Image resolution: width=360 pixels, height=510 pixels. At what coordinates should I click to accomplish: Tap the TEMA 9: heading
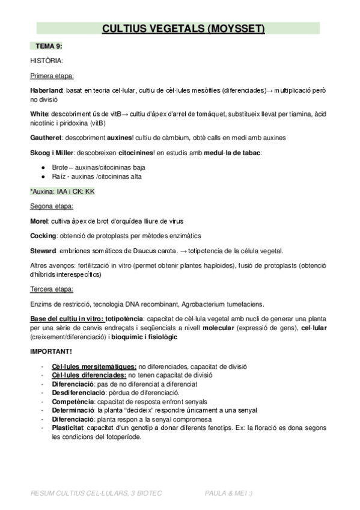pyautogui.click(x=49, y=46)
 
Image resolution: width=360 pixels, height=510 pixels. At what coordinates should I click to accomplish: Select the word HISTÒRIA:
pyautogui.click(x=46, y=60)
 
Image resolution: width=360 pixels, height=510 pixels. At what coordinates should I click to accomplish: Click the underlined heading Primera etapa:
pyautogui.click(x=52, y=76)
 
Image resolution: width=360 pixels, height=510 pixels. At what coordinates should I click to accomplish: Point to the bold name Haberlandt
pyautogui.click(x=46, y=90)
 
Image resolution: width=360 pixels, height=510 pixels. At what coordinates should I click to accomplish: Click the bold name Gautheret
pyautogui.click(x=46, y=138)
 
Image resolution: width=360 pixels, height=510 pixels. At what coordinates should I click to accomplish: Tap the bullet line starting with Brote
pyautogui.click(x=95, y=166)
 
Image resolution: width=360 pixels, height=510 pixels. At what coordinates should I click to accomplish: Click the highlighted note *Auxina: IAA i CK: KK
pyautogui.click(x=63, y=191)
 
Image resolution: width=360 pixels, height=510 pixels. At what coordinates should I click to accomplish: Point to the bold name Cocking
pyautogui.click(x=43, y=236)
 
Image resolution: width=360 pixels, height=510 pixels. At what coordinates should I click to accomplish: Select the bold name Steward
pyautogui.click(x=43, y=251)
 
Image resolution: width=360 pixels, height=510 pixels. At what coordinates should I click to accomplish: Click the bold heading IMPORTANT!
pyautogui.click(x=51, y=351)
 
